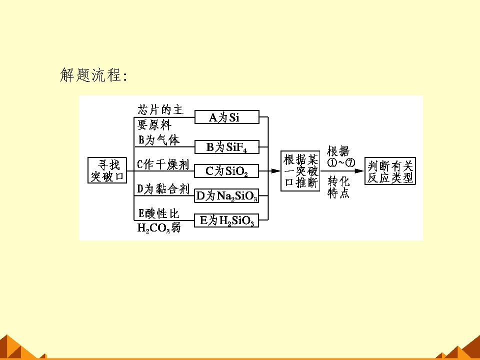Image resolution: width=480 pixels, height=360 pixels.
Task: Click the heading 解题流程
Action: [x=93, y=75]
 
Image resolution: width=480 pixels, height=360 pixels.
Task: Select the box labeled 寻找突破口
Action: [x=107, y=170]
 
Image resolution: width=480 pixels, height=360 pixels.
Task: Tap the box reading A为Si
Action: [x=227, y=117]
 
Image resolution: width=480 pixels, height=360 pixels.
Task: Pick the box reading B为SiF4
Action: [x=227, y=147]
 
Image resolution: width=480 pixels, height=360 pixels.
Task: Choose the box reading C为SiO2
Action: [x=226, y=171]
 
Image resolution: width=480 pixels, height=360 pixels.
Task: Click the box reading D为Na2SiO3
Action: [x=226, y=195]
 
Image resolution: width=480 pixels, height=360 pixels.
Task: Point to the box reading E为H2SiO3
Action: [x=226, y=220]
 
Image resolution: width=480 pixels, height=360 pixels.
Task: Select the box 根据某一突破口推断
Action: [x=300, y=171]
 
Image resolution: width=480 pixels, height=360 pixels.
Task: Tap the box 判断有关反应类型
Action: [x=390, y=171]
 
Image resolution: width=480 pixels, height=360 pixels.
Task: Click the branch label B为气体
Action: [x=159, y=140]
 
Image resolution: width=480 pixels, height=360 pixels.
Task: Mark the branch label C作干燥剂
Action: [x=162, y=164]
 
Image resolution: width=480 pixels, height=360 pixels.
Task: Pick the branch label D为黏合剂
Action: [x=163, y=189]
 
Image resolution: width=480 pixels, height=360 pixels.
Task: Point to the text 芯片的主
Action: [x=160, y=109]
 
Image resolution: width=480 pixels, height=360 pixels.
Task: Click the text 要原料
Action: [x=154, y=124]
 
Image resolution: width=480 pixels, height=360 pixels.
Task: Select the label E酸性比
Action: [x=158, y=213]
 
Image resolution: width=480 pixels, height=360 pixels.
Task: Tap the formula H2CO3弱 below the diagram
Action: [x=159, y=228]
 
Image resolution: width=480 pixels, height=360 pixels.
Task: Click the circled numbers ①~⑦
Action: [x=341, y=163]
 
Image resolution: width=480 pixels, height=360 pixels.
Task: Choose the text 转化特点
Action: [x=338, y=187]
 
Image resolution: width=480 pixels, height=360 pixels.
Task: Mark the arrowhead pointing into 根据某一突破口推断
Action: [x=276, y=171]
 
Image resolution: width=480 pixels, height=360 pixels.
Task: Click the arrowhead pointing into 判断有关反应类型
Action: [x=359, y=171]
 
